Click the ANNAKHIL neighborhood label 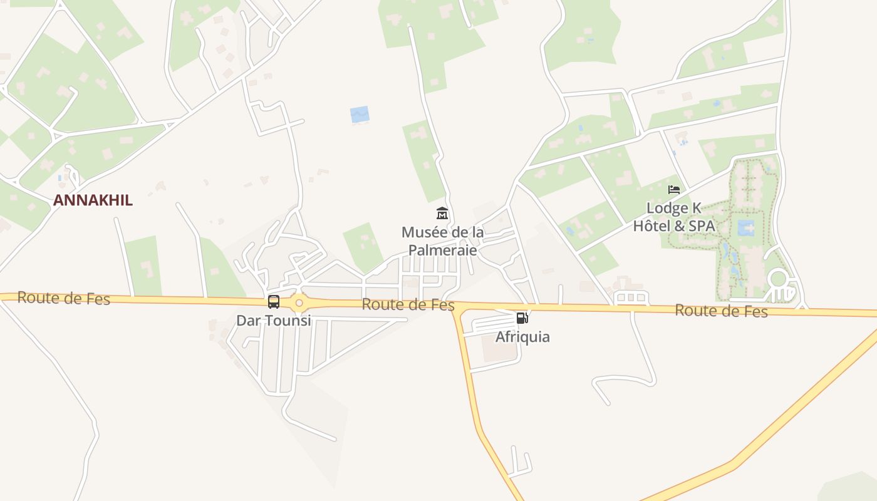tap(93, 200)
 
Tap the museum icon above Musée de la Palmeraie tap(442, 214)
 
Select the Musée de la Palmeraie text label tap(442, 241)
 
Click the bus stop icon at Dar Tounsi tap(274, 302)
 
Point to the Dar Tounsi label tap(273, 321)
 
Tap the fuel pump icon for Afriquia tap(522, 318)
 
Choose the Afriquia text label tap(522, 337)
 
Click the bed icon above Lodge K tap(674, 190)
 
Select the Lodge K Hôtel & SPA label tap(673, 217)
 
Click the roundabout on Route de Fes tap(299, 304)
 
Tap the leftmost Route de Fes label tap(63, 298)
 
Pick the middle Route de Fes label tap(408, 305)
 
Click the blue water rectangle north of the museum tap(360, 115)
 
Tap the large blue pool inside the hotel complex tap(745, 228)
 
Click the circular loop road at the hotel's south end tap(778, 279)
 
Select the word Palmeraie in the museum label tap(442, 250)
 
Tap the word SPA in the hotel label tap(701, 226)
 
